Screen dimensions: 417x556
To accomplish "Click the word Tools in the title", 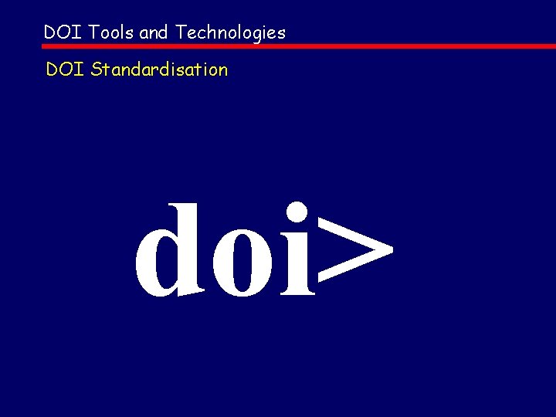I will click(111, 32).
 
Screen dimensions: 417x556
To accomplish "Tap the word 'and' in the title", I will click(154, 32).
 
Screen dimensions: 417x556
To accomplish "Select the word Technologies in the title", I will click(230, 33).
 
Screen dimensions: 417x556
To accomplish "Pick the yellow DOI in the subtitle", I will click(65, 69).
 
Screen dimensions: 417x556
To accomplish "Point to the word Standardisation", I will click(159, 69).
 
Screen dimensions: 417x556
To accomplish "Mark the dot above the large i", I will click(297, 212).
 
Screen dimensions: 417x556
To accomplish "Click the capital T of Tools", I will click(93, 32).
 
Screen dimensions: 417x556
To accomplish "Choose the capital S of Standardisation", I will click(97, 69).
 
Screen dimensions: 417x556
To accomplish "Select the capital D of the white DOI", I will click(50, 32).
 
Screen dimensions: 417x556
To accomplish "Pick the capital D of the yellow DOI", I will click(53, 69).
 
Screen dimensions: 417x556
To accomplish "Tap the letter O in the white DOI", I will click(64, 32).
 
